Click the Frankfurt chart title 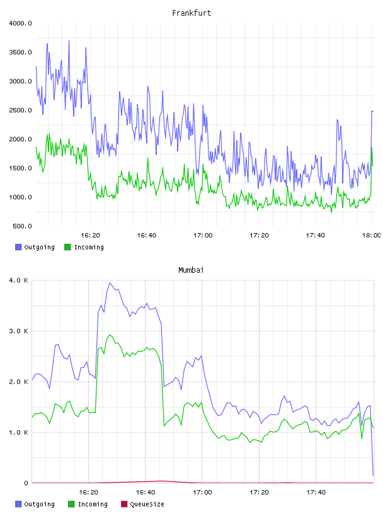191,13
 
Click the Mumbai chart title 191,270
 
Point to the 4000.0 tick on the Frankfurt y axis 20,23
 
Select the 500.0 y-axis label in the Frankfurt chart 22,226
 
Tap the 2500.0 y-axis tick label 20,110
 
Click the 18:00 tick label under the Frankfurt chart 371,236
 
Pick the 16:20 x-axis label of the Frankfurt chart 90,236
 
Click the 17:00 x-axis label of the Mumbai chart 202,493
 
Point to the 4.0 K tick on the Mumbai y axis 19,280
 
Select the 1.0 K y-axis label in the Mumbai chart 19,432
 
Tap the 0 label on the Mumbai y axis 26,483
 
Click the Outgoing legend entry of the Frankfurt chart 35,247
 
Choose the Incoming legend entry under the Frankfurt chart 84,247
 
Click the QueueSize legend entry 142,504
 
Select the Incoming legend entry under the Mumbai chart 88,504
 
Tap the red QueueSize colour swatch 124,504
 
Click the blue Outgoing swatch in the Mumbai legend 18,504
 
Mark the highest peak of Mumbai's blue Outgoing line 110,283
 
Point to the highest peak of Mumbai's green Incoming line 110,335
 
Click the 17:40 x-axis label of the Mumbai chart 316,493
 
